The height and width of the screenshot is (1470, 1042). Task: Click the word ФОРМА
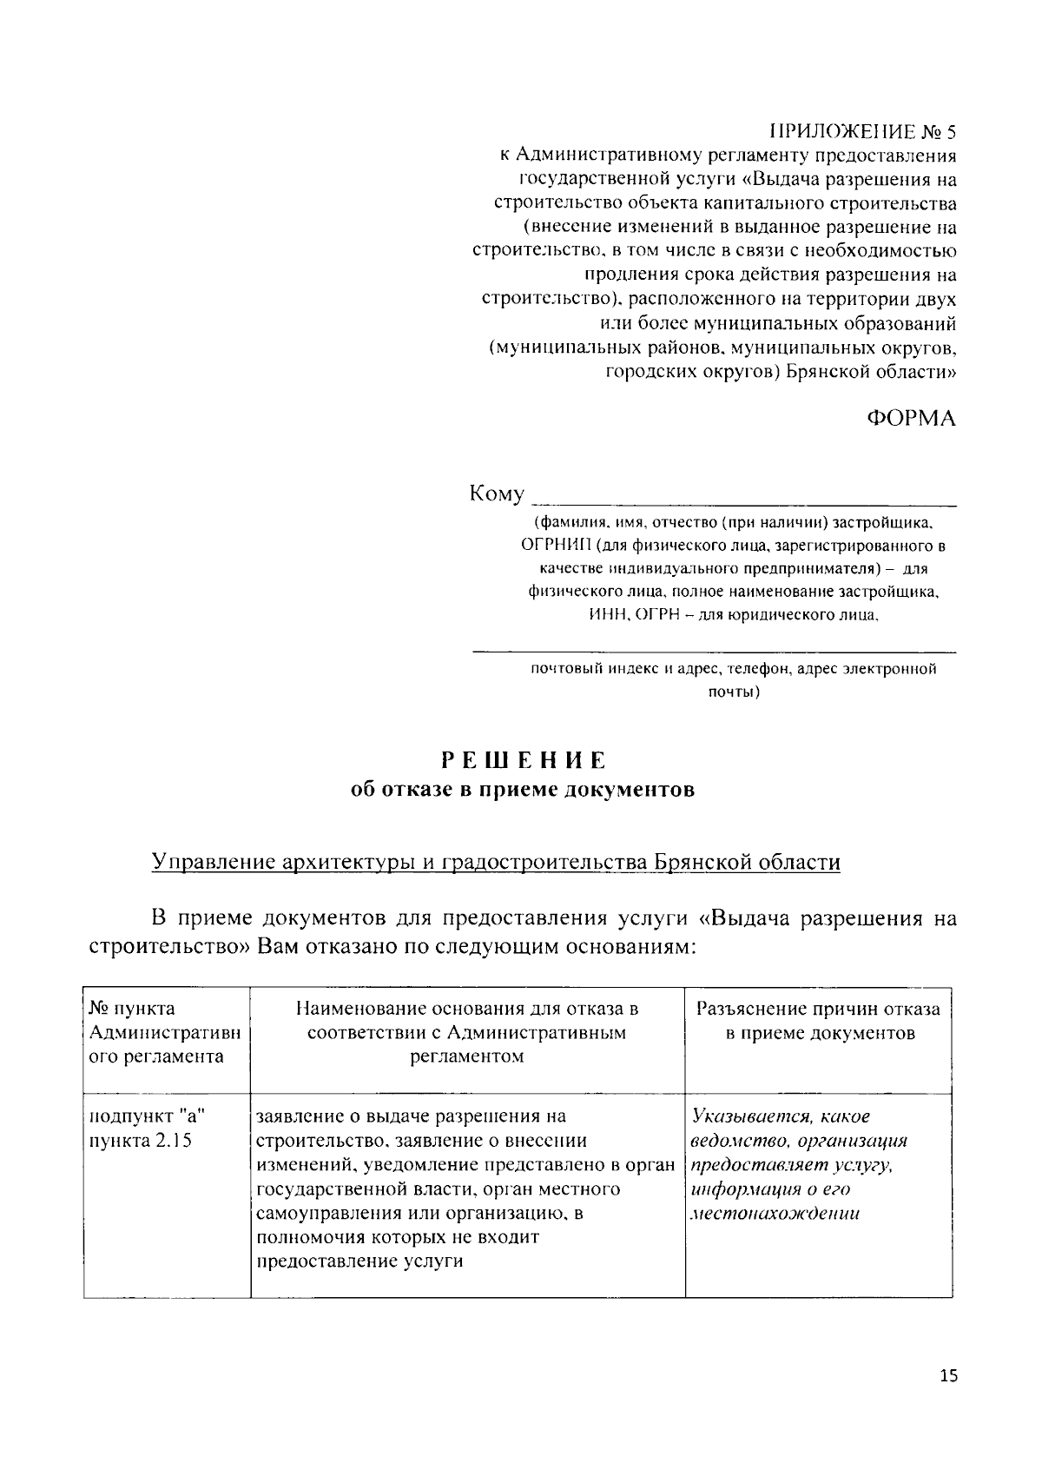[912, 418]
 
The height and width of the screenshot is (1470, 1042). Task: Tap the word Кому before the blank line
[497, 494]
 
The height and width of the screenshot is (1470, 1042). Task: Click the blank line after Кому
[743, 500]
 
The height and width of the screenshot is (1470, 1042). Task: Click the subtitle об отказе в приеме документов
[522, 790]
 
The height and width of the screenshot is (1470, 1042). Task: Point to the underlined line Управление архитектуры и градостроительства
[496, 862]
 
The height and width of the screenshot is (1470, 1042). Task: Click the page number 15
[948, 1375]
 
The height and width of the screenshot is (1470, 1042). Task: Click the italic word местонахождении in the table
[775, 1214]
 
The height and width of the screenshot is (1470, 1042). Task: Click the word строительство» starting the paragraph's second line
[170, 945]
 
